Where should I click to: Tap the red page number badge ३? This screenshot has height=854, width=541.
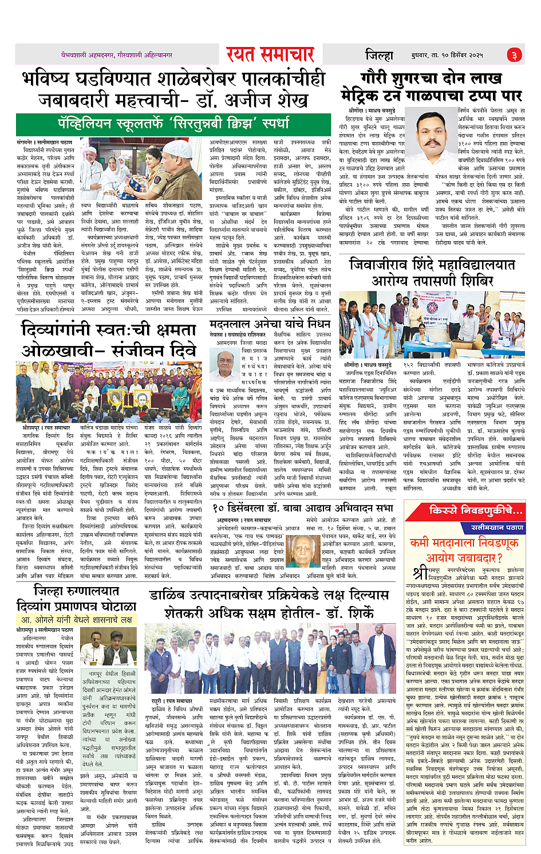514,55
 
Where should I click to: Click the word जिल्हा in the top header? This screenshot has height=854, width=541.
379,55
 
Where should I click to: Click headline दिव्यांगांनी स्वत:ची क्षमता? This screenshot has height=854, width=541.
108,330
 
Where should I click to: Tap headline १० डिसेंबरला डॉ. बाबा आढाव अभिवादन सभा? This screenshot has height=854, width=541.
303,507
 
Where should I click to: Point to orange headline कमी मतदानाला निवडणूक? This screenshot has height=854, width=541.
465,542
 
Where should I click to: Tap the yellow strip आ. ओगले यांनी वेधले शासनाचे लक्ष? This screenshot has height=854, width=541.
76,619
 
